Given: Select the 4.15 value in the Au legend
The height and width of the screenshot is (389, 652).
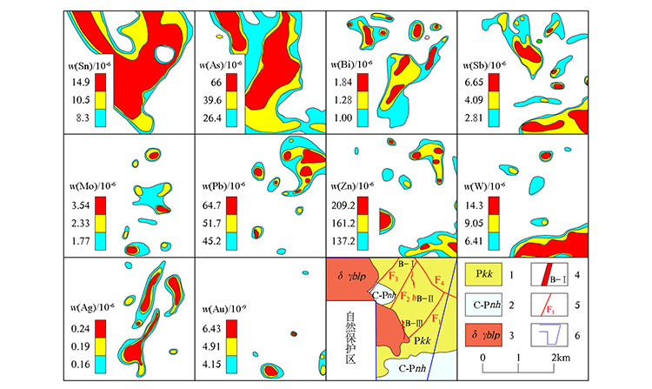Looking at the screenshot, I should click(217, 359).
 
